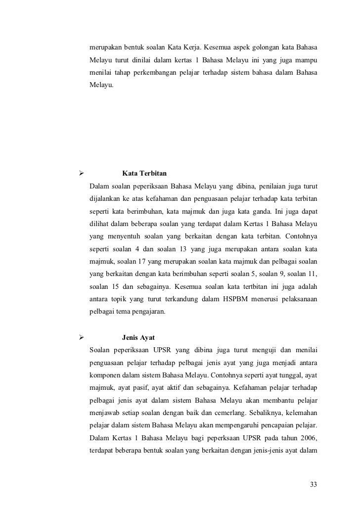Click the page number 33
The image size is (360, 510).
pyautogui.click(x=313, y=483)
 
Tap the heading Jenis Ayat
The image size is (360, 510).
pyautogui.click(x=138, y=338)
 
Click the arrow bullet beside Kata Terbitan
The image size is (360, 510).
pyautogui.click(x=76, y=174)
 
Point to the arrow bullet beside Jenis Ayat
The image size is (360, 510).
pyautogui.click(x=76, y=338)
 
